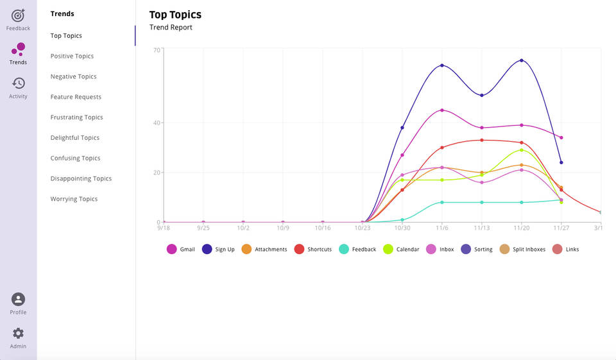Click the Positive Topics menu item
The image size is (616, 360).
(x=72, y=56)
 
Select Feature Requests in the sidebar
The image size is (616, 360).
(x=76, y=97)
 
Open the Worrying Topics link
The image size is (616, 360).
(x=74, y=199)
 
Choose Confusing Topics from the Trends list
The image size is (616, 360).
(x=76, y=158)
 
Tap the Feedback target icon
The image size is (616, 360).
(x=18, y=15)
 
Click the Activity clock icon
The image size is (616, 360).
(x=18, y=83)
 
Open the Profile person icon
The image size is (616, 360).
(x=18, y=300)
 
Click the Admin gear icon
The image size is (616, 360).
(x=18, y=333)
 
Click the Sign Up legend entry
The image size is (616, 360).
(x=218, y=249)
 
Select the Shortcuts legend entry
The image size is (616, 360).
(x=312, y=249)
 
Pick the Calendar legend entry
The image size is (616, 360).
(x=401, y=249)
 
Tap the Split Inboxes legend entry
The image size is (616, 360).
(x=522, y=249)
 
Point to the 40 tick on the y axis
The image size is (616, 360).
(x=157, y=123)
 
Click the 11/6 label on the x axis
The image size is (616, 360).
(x=442, y=228)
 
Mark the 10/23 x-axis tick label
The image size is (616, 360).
(x=362, y=228)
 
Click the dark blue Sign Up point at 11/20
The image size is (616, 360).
(x=521, y=60)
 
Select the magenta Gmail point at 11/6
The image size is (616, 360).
(x=442, y=110)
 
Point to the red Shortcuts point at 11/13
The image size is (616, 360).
(x=482, y=141)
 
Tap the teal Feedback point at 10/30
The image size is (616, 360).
(x=402, y=220)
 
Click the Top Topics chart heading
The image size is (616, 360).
(x=175, y=15)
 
